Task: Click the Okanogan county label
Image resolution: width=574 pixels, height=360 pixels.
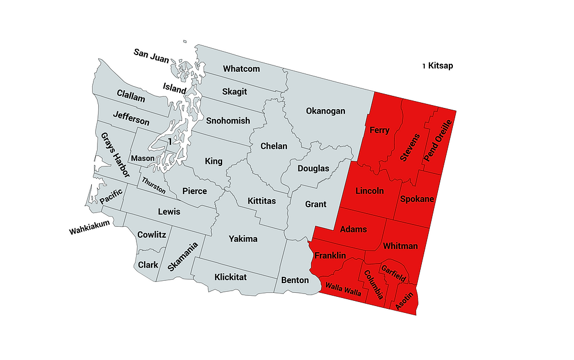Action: click(325, 111)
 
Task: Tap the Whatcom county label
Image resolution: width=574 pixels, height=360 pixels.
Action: click(241, 69)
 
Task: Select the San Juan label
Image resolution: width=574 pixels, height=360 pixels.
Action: click(152, 53)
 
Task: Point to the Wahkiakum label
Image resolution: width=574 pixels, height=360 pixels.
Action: click(89, 231)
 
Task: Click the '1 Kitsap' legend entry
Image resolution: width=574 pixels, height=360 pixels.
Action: click(438, 66)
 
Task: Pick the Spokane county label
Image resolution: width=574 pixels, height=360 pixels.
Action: click(417, 199)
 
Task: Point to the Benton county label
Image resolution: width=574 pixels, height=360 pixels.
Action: click(294, 281)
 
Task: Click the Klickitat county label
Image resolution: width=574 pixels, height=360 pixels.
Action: click(230, 277)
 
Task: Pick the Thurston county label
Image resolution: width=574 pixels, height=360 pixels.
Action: click(154, 185)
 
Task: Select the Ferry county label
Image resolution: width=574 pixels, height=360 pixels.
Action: click(379, 130)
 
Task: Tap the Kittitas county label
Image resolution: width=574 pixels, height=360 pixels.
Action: click(261, 201)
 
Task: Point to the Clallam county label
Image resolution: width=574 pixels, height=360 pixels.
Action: click(131, 96)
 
